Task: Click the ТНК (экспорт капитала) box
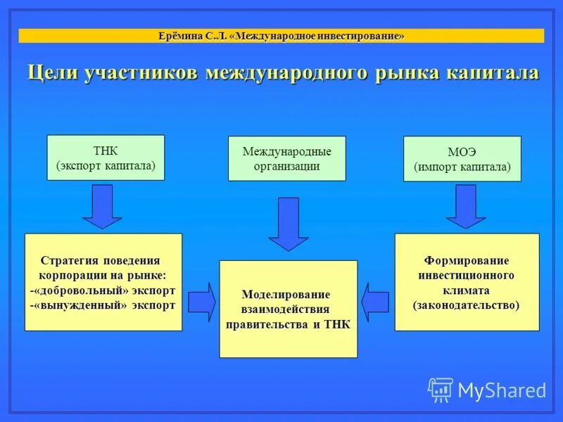click(105, 159)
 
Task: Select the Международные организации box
click(286, 159)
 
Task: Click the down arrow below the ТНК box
click(103, 206)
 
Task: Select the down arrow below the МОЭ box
click(465, 206)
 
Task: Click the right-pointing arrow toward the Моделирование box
click(202, 302)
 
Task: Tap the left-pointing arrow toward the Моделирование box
click(375, 302)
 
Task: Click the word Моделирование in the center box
click(286, 294)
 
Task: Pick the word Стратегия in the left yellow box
click(70, 260)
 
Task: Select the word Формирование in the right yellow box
click(467, 260)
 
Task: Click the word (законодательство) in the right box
click(467, 305)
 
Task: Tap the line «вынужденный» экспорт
click(103, 305)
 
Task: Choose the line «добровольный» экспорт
click(103, 290)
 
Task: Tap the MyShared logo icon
click(441, 389)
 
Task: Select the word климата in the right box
click(467, 290)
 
